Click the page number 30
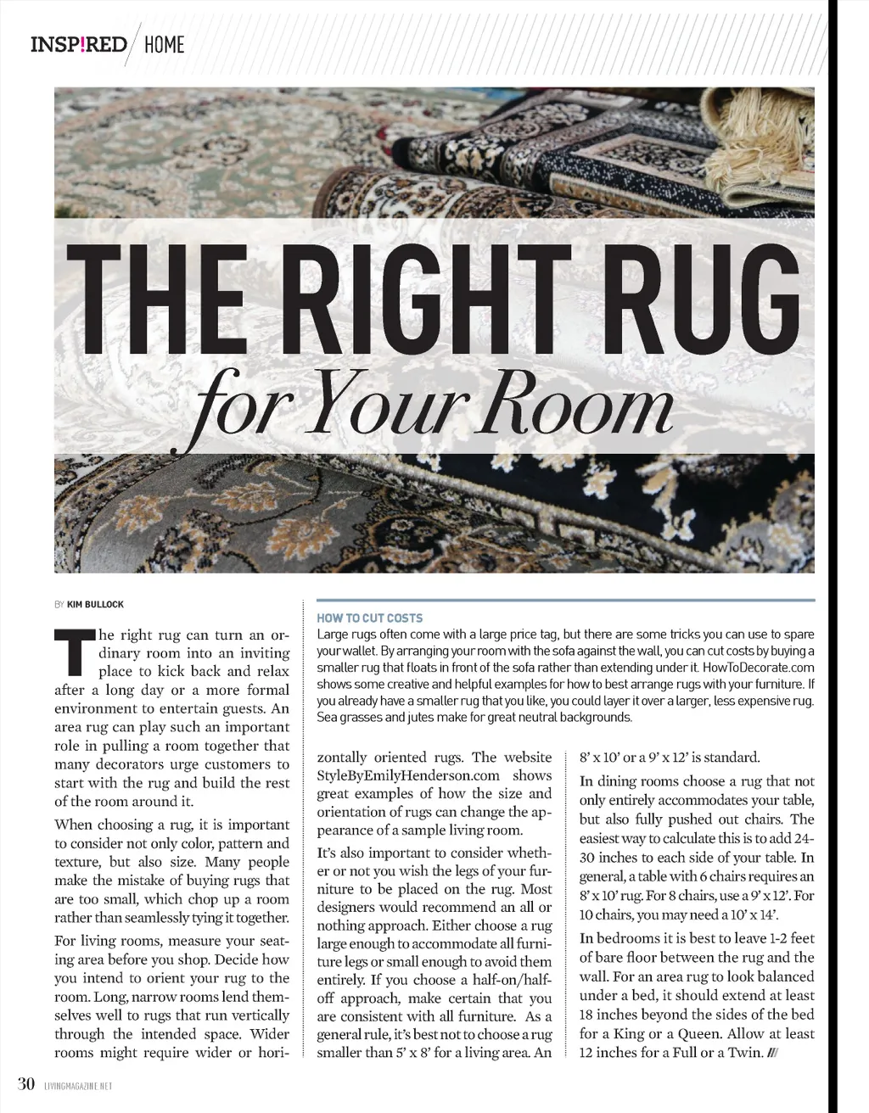coord(25,1083)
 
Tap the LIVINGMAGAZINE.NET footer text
coord(77,1085)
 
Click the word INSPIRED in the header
coord(78,43)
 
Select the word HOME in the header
coord(164,44)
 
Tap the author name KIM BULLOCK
coord(95,604)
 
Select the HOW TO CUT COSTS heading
coord(369,618)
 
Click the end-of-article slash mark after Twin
coord(772,1054)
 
